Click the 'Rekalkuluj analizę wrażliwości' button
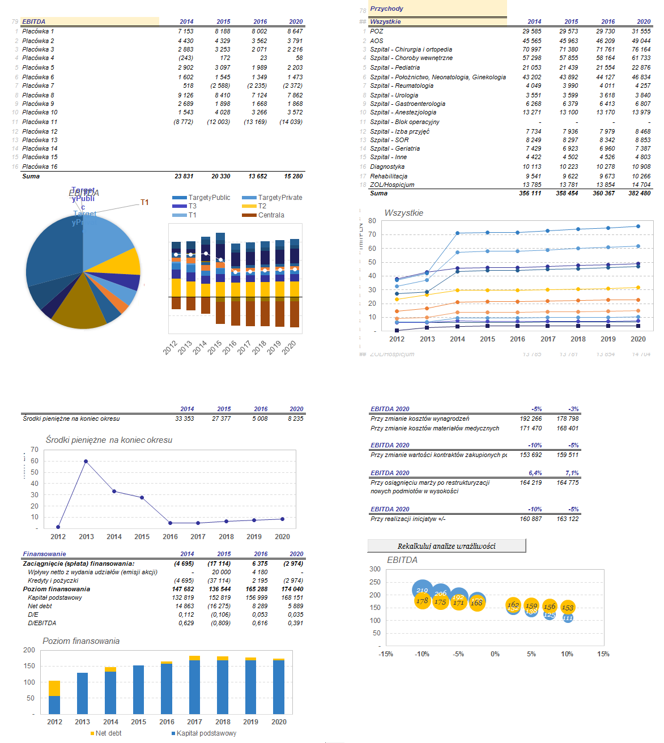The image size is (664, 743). point(446,546)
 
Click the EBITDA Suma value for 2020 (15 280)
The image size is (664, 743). point(293,176)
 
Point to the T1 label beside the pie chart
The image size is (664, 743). point(144,202)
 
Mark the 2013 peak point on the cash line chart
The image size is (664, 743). point(86,461)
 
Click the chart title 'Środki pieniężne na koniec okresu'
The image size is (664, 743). point(109,440)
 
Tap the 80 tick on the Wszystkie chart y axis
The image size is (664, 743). point(372,221)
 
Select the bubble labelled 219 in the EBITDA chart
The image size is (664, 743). point(422,590)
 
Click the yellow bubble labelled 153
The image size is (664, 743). point(568,607)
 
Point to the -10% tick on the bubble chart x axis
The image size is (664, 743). point(422,654)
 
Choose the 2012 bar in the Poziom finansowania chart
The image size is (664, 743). point(54,697)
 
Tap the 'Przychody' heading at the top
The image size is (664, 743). point(387,8)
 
